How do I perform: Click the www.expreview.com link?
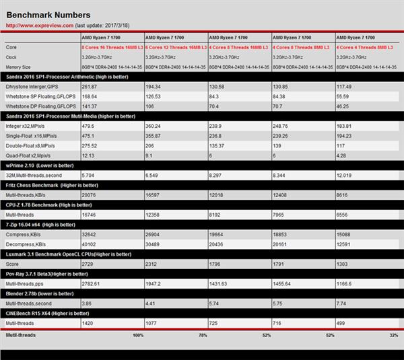pyautogui.click(x=35, y=25)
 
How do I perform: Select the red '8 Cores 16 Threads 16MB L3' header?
pyautogui.click(x=111, y=48)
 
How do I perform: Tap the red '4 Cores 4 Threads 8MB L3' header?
pyautogui.click(x=366, y=48)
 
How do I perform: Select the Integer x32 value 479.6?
pyautogui.click(x=88, y=126)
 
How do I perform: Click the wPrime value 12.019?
pyautogui.click(x=345, y=174)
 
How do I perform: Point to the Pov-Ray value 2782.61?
pyautogui.click(x=92, y=285)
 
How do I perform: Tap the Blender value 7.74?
pyautogui.click(x=341, y=304)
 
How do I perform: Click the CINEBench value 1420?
pyautogui.click(x=88, y=324)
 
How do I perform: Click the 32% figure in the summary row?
pyautogui.click(x=393, y=334)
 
